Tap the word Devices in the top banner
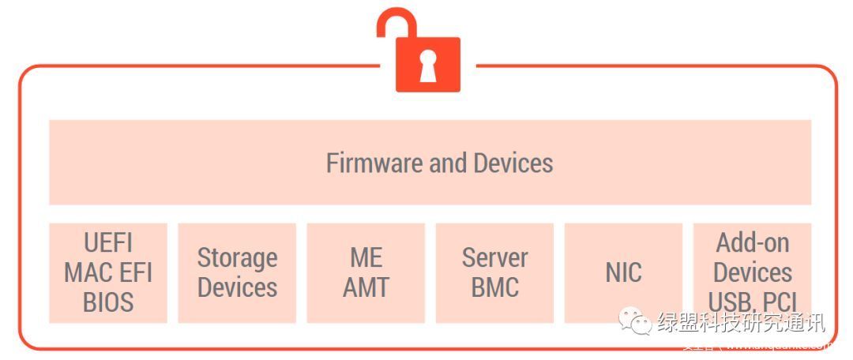coord(513,163)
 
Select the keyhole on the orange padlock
coord(427,68)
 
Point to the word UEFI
coord(108,242)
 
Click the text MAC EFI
coord(108,272)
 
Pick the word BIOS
coord(108,302)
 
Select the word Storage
coord(237,257)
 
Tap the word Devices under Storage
coord(237,287)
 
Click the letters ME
coord(366,257)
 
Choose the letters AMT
coord(366,287)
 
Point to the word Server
coord(494,257)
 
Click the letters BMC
coord(494,287)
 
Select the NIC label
coord(623,272)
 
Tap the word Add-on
coord(752,242)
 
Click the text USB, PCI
coord(752,302)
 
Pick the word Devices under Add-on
coord(752,272)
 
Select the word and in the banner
coord(449,163)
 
